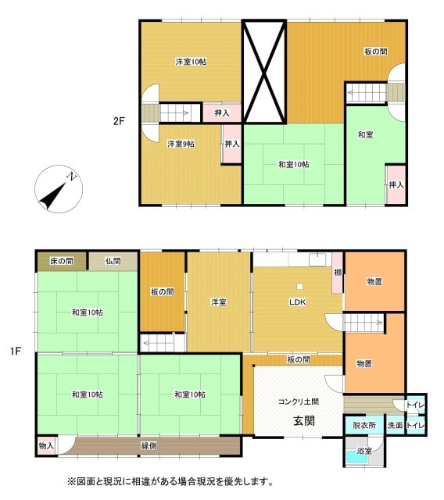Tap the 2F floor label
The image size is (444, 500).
(118, 121)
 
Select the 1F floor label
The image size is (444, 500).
(16, 352)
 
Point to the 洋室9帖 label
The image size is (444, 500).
(181, 144)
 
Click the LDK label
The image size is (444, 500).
(297, 302)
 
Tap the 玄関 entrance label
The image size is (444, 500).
(304, 420)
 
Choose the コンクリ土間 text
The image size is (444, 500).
(298, 402)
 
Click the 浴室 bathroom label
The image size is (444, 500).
(364, 451)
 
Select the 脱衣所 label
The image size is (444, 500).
(364, 426)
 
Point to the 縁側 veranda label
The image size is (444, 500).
(150, 445)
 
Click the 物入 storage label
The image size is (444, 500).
(46, 445)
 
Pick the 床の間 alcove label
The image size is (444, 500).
(61, 260)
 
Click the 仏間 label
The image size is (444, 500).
(113, 260)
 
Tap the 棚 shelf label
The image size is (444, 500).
(337, 272)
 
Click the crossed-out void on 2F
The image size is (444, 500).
(265, 71)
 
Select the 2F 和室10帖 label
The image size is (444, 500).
(293, 164)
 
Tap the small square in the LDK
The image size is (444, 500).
(298, 286)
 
